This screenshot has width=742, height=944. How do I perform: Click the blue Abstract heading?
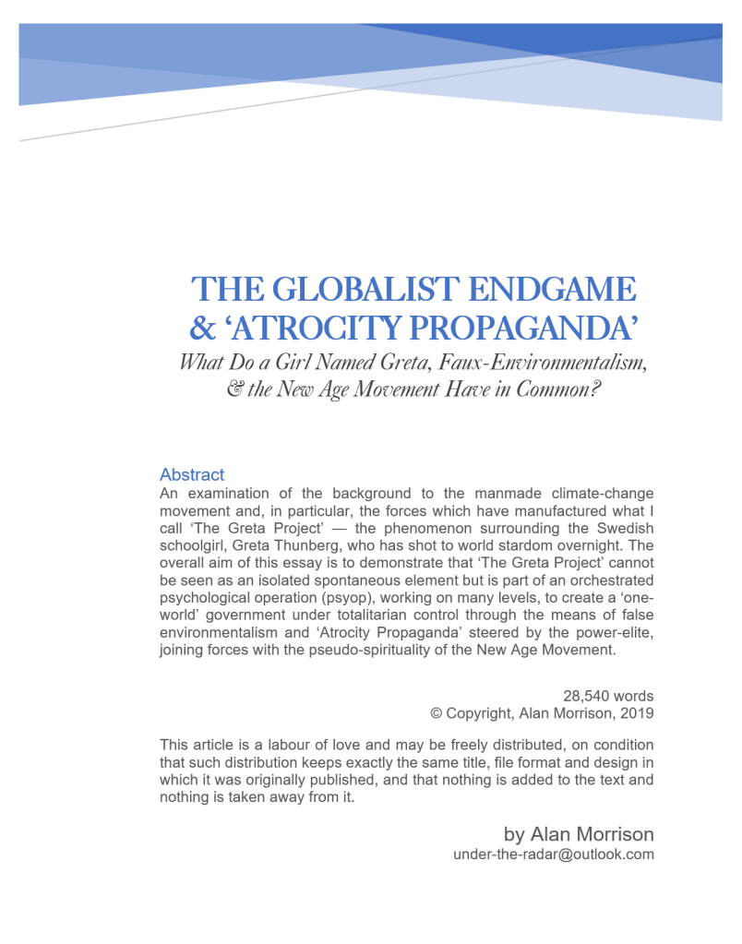point(192,474)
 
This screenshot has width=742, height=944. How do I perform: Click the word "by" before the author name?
point(514,835)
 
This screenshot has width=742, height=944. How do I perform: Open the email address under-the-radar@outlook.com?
point(554,854)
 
